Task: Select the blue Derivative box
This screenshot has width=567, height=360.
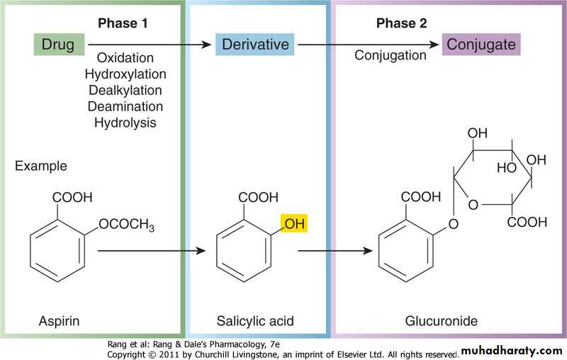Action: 255,45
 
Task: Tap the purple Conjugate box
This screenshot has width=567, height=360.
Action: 482,45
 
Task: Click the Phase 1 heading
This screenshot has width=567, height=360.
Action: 123,23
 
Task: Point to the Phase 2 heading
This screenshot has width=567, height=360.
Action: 401,23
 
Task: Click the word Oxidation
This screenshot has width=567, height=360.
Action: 125,58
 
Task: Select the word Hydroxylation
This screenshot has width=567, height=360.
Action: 125,74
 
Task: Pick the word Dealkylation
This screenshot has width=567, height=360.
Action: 125,90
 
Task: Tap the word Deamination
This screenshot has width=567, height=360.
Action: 125,106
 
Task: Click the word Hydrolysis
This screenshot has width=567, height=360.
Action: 125,122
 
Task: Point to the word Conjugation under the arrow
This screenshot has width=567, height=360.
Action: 391,55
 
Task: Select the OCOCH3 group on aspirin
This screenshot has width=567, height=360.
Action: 126,225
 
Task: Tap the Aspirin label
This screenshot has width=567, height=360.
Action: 59,321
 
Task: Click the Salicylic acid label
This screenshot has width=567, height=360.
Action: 255,321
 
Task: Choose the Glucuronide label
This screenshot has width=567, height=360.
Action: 441,321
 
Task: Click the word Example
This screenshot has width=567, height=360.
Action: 41,167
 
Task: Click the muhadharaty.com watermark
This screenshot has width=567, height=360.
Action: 511,351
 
